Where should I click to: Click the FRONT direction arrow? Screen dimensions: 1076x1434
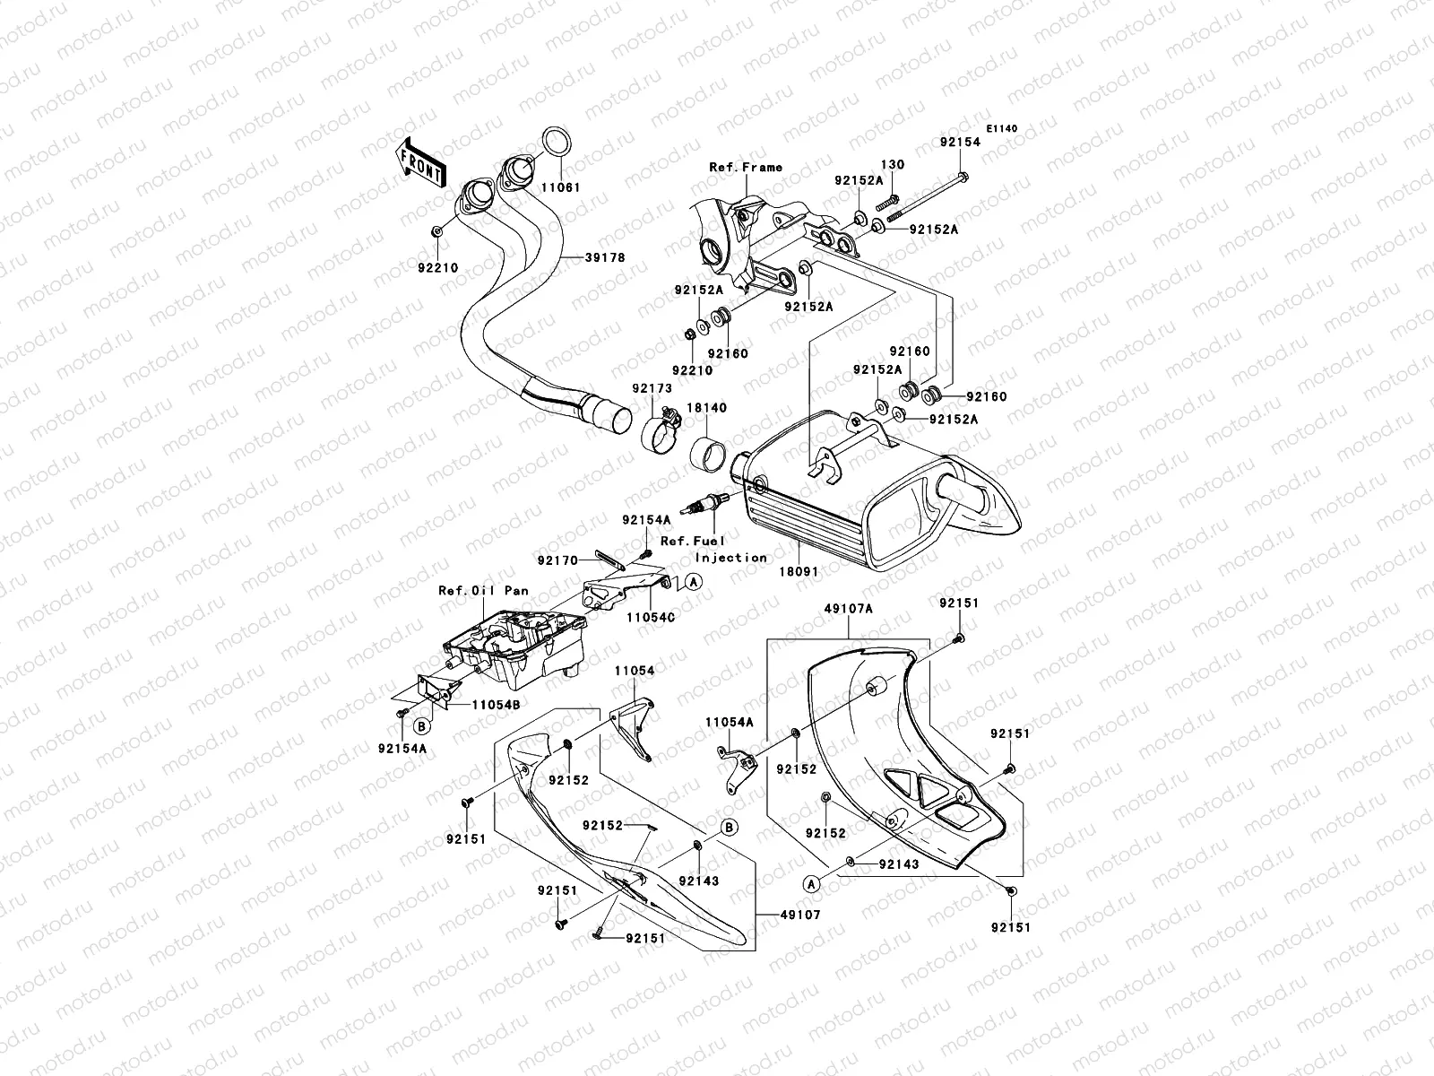(420, 162)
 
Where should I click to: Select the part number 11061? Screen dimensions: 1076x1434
(561, 189)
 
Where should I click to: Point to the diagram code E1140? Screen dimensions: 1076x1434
(1002, 129)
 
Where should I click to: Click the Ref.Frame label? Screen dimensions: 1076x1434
(746, 167)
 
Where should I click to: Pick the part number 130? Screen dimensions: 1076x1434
(893, 165)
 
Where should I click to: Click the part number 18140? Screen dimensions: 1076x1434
(707, 408)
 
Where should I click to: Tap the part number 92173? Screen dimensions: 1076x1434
(652, 389)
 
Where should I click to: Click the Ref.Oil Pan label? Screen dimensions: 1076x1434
(483, 591)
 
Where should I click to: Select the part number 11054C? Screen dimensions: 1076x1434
(652, 618)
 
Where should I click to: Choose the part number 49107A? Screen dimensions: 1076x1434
(848, 607)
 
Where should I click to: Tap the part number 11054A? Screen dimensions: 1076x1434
(729, 722)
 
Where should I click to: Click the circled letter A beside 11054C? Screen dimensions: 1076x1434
(694, 582)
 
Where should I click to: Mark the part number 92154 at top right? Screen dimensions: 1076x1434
(960, 143)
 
